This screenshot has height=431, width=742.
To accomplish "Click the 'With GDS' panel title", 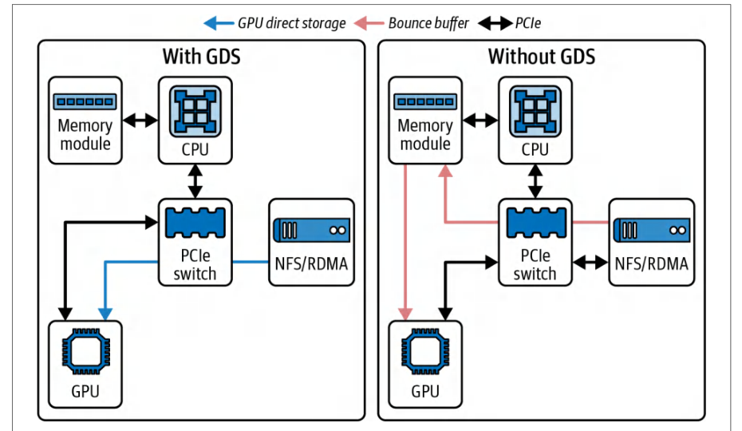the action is tap(202, 57).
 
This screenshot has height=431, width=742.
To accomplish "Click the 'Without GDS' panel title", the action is tap(542, 57).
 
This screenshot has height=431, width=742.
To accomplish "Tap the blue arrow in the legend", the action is tap(219, 23).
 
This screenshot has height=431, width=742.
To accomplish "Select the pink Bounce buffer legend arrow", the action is tap(369, 23).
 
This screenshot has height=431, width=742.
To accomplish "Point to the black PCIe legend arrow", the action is tap(495, 23).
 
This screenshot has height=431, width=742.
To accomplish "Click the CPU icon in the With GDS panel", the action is tap(195, 111).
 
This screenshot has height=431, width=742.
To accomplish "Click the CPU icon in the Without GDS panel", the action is tap(535, 111).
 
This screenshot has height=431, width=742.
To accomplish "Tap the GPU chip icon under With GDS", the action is tap(85, 351).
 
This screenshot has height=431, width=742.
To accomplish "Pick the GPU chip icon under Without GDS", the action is tap(425, 351).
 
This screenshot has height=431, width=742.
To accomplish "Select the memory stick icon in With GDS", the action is tap(85, 101).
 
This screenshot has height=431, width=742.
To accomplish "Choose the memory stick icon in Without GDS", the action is tap(425, 101).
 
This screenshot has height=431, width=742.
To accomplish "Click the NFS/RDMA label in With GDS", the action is tap(311, 264).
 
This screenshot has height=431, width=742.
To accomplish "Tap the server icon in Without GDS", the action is tap(652, 230).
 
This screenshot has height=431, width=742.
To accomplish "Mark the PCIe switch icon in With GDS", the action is tap(195, 223).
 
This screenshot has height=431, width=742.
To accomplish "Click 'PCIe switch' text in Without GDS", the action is tap(535, 264).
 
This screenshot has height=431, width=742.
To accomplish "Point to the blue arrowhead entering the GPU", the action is tap(105, 314).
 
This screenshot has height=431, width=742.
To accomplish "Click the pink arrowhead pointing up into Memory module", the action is tap(445, 171).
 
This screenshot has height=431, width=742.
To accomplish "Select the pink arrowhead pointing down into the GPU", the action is tap(405, 314).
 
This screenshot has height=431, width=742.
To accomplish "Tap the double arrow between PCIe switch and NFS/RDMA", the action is tap(590, 262).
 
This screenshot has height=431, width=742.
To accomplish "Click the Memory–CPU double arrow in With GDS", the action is tap(140, 121).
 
